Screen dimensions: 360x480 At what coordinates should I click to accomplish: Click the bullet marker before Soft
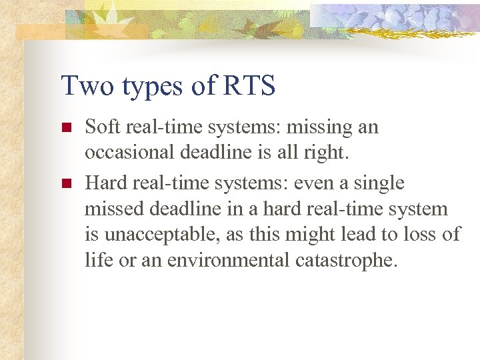click(65, 127)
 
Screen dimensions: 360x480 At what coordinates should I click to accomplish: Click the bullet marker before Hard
click(65, 183)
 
